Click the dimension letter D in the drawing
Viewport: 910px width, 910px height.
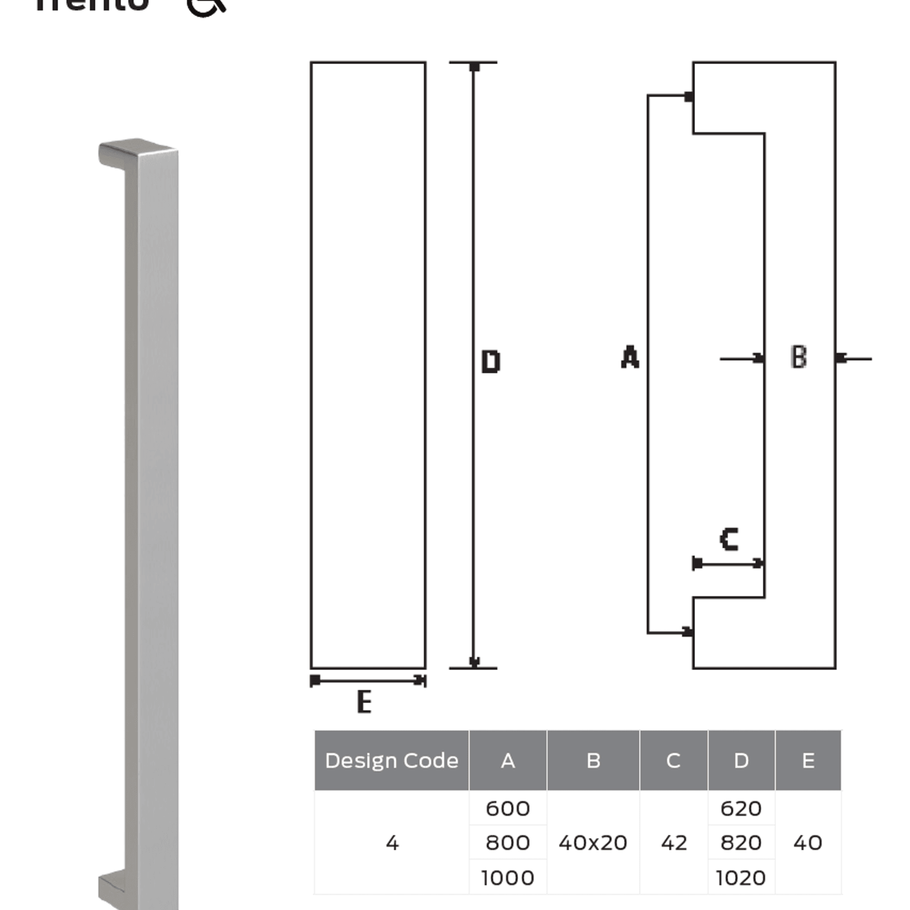coord(491,362)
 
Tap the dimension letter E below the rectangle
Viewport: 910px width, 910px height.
coord(364,702)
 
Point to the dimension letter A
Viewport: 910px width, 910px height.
coord(630,357)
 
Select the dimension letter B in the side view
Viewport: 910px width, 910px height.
coord(799,357)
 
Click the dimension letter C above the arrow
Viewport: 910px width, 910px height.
coord(729,539)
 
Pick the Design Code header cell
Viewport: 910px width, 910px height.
coord(391,760)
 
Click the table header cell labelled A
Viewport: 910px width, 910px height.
coord(508,760)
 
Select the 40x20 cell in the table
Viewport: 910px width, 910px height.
coord(593,843)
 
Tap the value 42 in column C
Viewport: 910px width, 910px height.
coord(674,843)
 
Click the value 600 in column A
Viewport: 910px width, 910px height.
coord(508,808)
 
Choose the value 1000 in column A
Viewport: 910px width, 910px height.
coord(508,877)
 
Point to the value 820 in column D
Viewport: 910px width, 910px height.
coord(741,843)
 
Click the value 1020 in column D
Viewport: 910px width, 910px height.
coord(741,877)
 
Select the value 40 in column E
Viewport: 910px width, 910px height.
coord(808,843)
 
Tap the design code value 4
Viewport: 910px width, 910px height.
coord(392,843)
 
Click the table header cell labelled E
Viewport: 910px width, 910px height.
coord(808,760)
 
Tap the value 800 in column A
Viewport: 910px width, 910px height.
coord(508,843)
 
